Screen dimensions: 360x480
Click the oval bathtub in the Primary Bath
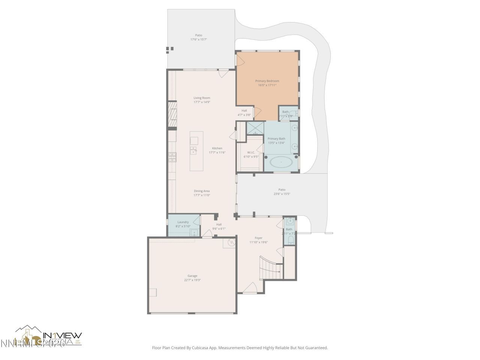pyautogui.click(x=281, y=162)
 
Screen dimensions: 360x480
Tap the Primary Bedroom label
pyautogui.click(x=267, y=81)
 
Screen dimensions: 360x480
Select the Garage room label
pyautogui.click(x=192, y=276)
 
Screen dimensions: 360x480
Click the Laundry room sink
pyautogui.click(x=194, y=233)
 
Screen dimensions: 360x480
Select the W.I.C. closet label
pyautogui.click(x=251, y=152)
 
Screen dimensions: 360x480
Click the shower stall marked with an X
pyautogui.click(x=255, y=127)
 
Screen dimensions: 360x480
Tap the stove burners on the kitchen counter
pyautogui.click(x=172, y=157)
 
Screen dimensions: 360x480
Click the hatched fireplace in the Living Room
pyautogui.click(x=172, y=114)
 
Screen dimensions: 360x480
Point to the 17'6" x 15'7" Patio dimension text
pyautogui.click(x=198, y=39)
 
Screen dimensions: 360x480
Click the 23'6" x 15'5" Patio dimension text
pyautogui.click(x=282, y=194)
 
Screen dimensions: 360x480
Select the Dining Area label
pyautogui.click(x=202, y=191)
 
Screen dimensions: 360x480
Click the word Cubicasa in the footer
pyautogui.click(x=203, y=348)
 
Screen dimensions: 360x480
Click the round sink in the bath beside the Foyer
pyautogui.click(x=290, y=222)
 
